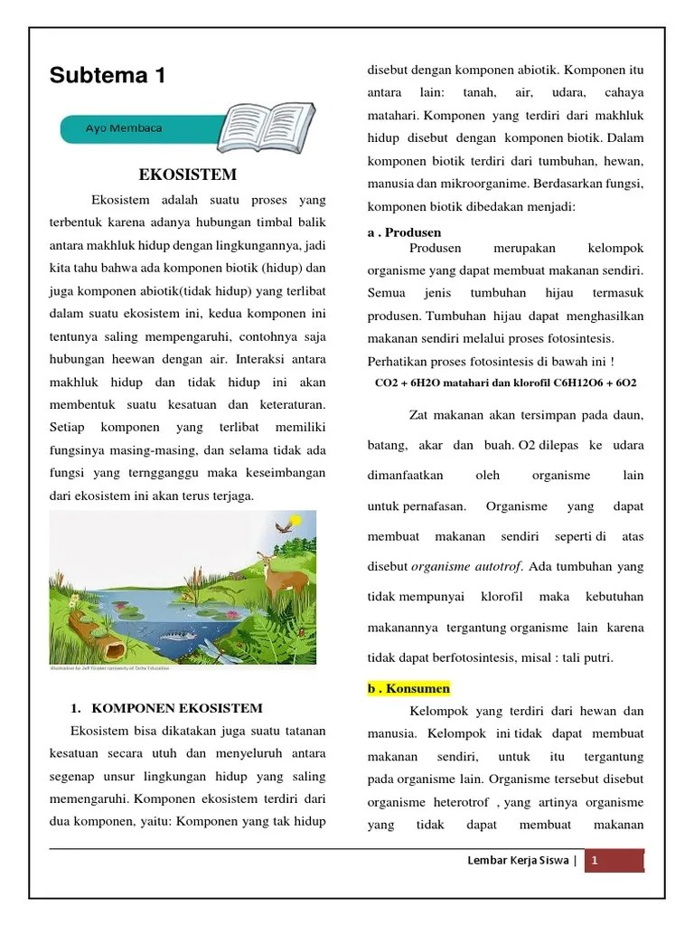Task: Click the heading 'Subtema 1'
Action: pyautogui.click(x=108, y=76)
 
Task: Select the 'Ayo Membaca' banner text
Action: pyautogui.click(x=124, y=128)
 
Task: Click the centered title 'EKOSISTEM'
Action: pyautogui.click(x=188, y=174)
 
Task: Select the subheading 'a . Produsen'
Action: pyautogui.click(x=404, y=232)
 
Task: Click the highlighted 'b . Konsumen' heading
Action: pyautogui.click(x=408, y=688)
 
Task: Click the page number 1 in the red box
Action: pyautogui.click(x=595, y=862)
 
